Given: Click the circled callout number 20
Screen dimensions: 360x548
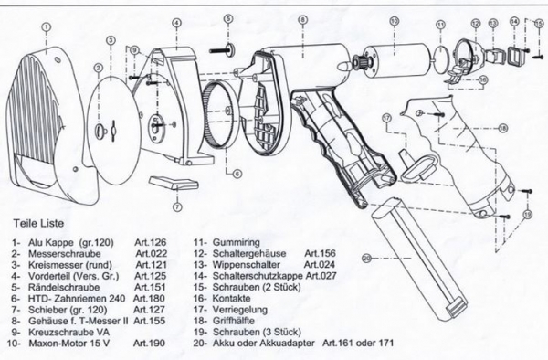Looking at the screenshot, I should tap(367, 258).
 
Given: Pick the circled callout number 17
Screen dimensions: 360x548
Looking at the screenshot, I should tap(387, 118).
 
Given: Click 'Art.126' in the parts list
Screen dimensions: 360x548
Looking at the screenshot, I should tap(149, 242).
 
